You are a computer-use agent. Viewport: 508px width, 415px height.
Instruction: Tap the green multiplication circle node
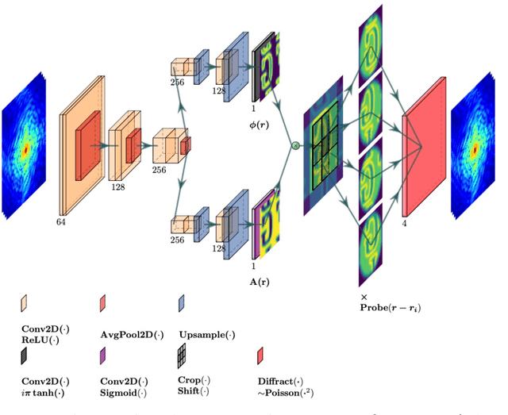click(x=295, y=145)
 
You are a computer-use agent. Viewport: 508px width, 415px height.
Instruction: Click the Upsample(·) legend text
click(x=206, y=336)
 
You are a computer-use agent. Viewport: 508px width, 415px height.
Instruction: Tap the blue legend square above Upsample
click(x=182, y=304)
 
